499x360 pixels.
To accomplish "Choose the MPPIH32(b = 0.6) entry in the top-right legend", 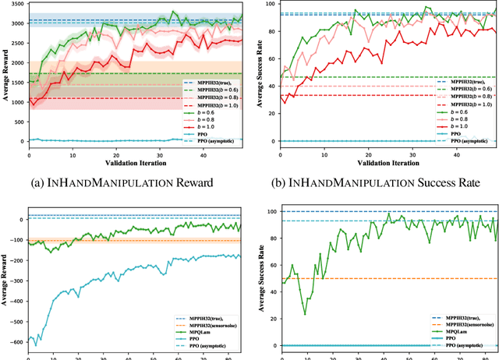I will pos(464,90).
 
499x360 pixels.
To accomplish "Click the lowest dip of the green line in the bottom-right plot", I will pos(305,313).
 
